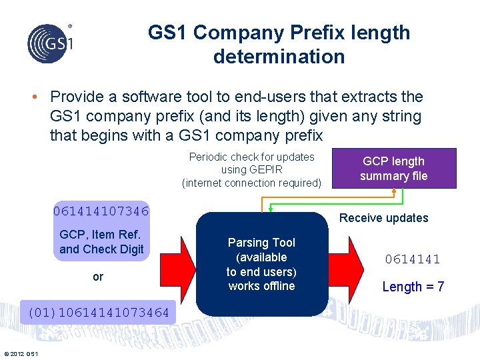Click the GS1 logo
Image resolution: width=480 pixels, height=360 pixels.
50,43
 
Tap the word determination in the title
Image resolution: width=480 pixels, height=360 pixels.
279,57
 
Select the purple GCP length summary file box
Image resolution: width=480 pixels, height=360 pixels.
393,168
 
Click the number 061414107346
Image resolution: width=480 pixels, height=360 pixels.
101,212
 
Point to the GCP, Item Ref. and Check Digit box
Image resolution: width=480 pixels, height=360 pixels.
101,242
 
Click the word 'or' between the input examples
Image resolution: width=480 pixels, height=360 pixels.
98,276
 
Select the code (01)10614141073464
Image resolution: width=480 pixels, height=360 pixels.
98,312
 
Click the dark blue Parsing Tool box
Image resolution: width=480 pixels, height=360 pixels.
261,264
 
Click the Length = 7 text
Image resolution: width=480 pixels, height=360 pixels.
413,287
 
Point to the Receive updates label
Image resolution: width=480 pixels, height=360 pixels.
383,218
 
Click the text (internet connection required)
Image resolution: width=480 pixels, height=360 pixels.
251,183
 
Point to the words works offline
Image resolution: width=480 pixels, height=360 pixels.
261,286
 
